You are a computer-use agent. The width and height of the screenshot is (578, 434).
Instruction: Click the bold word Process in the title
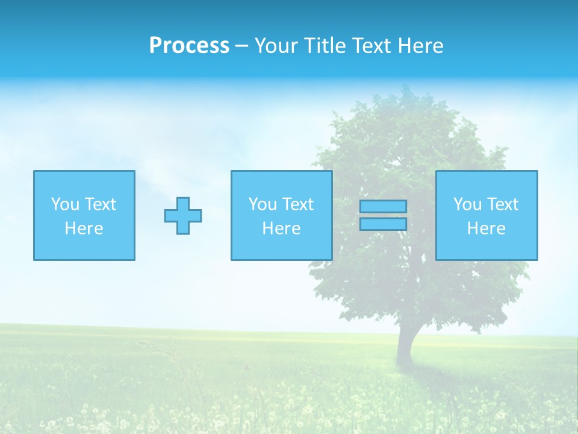tap(189, 46)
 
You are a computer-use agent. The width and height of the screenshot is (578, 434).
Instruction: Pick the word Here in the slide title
tap(421, 46)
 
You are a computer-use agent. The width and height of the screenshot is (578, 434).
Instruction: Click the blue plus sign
tap(183, 216)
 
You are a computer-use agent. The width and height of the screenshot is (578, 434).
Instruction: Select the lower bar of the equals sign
tap(383, 224)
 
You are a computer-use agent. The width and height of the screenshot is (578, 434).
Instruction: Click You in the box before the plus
tap(65, 204)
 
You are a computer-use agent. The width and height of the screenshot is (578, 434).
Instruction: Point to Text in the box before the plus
tap(100, 204)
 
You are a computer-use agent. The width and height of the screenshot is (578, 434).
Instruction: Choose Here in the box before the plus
tap(84, 228)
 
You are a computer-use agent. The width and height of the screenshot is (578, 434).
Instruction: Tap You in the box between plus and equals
tap(263, 204)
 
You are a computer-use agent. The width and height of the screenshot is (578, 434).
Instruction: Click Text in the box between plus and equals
tap(297, 204)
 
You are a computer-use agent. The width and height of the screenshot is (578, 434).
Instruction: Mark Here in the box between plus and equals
tap(281, 228)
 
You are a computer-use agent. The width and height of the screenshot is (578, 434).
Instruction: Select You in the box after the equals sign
tap(467, 204)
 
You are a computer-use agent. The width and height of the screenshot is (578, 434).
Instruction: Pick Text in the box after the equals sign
tap(502, 204)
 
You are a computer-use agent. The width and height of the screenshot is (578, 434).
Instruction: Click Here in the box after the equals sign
tap(486, 228)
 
